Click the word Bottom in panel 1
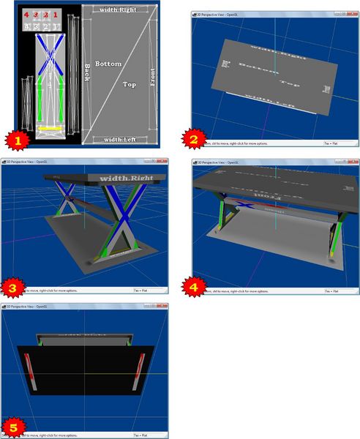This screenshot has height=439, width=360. click(x=108, y=64)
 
